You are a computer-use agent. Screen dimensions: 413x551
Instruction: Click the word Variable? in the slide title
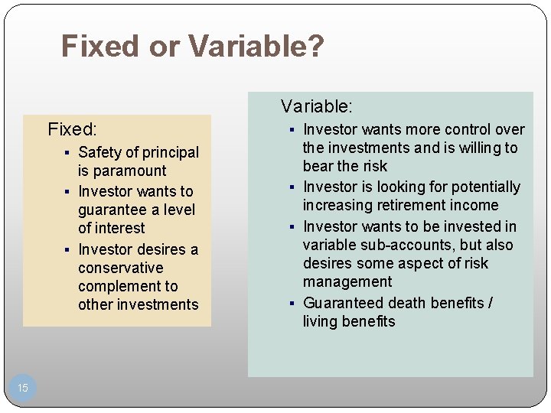[x=256, y=46]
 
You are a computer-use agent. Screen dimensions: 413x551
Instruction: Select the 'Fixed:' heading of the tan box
[x=72, y=128]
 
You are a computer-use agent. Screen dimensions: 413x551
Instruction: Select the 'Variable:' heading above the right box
[x=316, y=106]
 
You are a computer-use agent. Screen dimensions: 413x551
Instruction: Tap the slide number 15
[x=23, y=388]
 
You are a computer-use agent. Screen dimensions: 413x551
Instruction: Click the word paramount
[x=122, y=171]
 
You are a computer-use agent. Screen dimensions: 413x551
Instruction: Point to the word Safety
[x=100, y=152]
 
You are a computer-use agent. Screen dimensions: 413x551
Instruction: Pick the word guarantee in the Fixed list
[x=113, y=210]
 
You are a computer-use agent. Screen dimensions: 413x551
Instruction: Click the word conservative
[x=120, y=268]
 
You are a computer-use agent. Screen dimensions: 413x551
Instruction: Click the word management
[x=347, y=281]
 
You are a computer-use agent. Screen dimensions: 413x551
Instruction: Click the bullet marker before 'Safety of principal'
[x=68, y=153]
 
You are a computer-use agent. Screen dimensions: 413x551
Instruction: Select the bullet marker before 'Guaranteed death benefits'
[x=293, y=304]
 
